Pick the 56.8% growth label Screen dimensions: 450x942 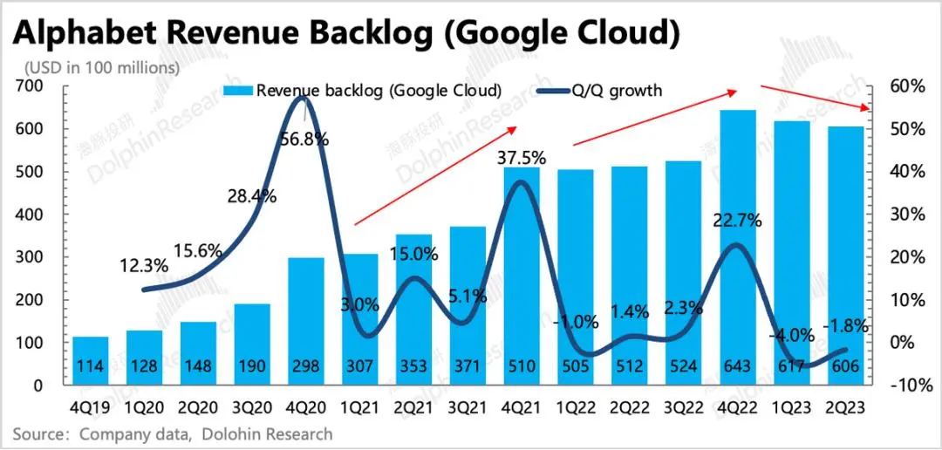click(x=304, y=139)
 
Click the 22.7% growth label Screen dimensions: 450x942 click(x=738, y=221)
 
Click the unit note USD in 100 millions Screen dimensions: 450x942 click(x=102, y=66)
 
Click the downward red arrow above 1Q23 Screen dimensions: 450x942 click(x=815, y=97)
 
